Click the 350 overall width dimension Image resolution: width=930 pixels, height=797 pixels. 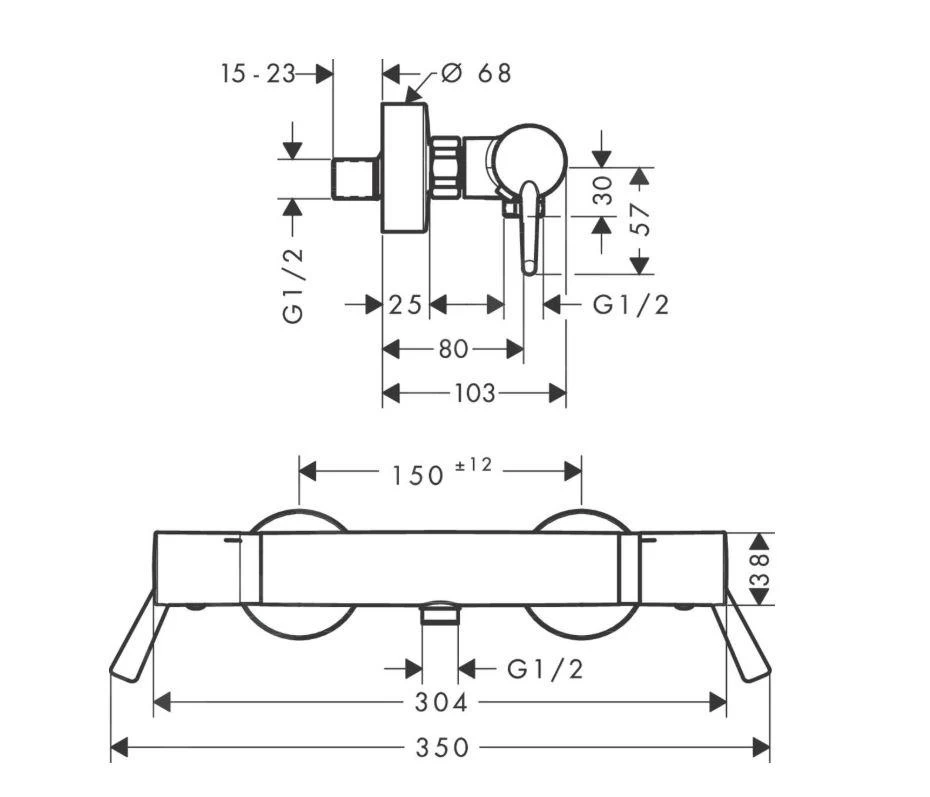pyautogui.click(x=441, y=747)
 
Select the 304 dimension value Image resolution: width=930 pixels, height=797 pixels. pyautogui.click(x=441, y=703)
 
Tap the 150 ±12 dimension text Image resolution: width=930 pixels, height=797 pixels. pyautogui.click(x=436, y=472)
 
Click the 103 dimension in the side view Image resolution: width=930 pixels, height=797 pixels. pyautogui.click(x=474, y=393)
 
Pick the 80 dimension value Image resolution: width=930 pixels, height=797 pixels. pyautogui.click(x=452, y=349)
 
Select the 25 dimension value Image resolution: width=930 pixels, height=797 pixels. pyautogui.click(x=405, y=305)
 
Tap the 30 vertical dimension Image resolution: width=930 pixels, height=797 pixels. pyautogui.click(x=602, y=191)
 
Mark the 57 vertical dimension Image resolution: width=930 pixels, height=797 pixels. pyautogui.click(x=640, y=220)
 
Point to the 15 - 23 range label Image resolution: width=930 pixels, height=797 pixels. pyautogui.click(x=259, y=73)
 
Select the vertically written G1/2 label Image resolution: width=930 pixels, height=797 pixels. pyautogui.click(x=292, y=284)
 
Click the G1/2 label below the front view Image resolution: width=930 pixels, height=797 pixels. pyautogui.click(x=545, y=669)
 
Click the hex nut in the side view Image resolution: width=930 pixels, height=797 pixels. pyautogui.click(x=446, y=165)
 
